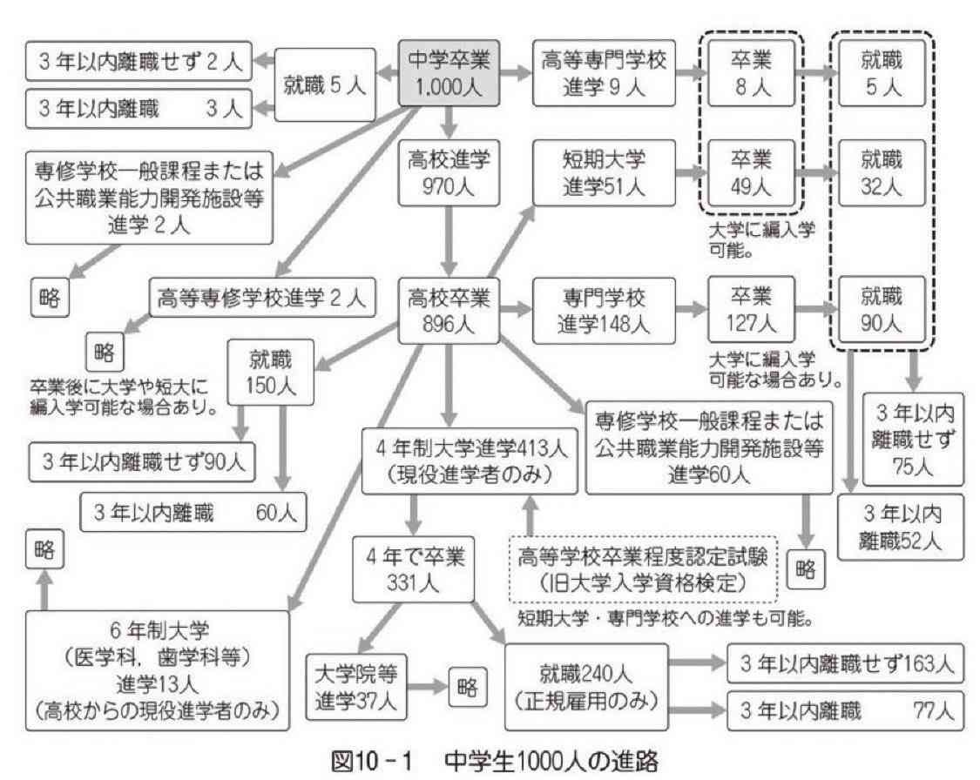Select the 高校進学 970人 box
click(x=449, y=170)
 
